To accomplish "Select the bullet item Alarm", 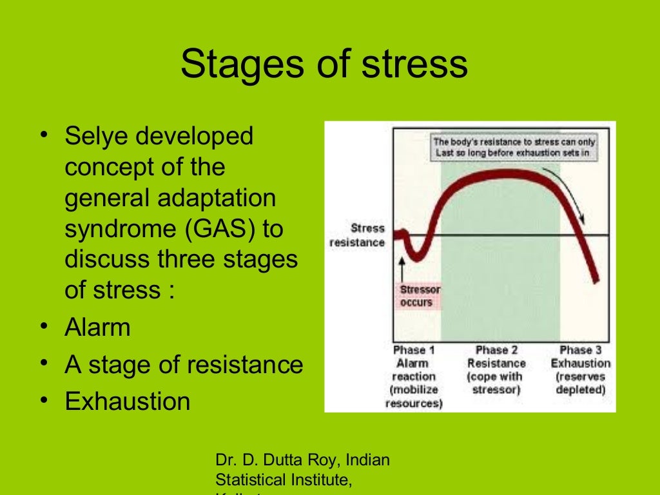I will (97, 327).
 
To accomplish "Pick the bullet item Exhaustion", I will (127, 402).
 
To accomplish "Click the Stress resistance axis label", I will (358, 235).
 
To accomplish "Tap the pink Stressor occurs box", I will (420, 296).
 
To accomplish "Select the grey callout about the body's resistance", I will (514, 147).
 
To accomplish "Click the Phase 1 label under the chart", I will (414, 350).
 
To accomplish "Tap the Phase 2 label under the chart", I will (496, 350).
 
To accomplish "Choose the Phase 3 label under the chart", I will (580, 350).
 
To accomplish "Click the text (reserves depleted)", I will (580, 383).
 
